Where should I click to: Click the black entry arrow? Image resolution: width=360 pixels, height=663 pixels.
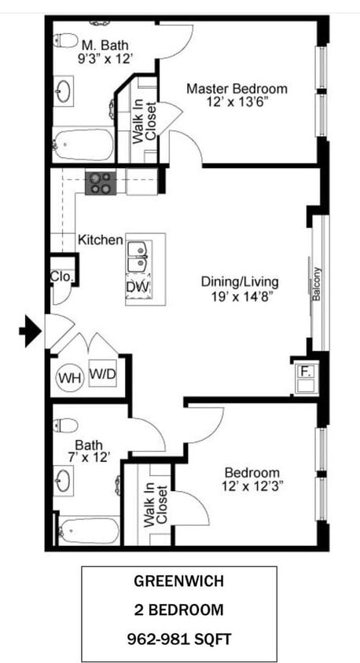(x=31, y=331)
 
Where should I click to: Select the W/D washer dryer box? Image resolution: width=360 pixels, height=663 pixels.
(x=103, y=373)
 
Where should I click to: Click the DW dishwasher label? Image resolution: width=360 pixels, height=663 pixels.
(x=138, y=287)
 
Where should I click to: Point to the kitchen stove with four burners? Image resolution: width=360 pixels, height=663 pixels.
(x=101, y=183)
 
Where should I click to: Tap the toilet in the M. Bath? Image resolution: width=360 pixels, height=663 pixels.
(x=65, y=40)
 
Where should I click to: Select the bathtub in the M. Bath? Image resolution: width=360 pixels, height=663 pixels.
(x=84, y=145)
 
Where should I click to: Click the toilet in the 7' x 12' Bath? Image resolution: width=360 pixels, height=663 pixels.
(x=65, y=425)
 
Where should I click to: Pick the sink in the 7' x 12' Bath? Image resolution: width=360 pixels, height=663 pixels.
(x=63, y=481)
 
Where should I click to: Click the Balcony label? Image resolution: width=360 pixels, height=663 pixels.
(x=317, y=284)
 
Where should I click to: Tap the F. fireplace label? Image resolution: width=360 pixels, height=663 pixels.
(x=305, y=372)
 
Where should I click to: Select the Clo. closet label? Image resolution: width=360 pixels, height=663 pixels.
(x=62, y=277)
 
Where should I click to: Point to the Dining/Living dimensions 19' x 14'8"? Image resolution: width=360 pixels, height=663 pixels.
(x=240, y=296)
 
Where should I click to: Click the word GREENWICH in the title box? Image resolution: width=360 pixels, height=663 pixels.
(x=179, y=581)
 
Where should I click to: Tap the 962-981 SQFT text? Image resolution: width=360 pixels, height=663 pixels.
(x=179, y=639)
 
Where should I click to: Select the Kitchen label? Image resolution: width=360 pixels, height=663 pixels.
(x=101, y=240)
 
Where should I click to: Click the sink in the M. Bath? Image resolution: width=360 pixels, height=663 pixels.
(x=63, y=91)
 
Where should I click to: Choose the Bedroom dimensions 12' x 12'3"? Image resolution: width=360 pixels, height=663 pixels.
(x=252, y=485)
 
